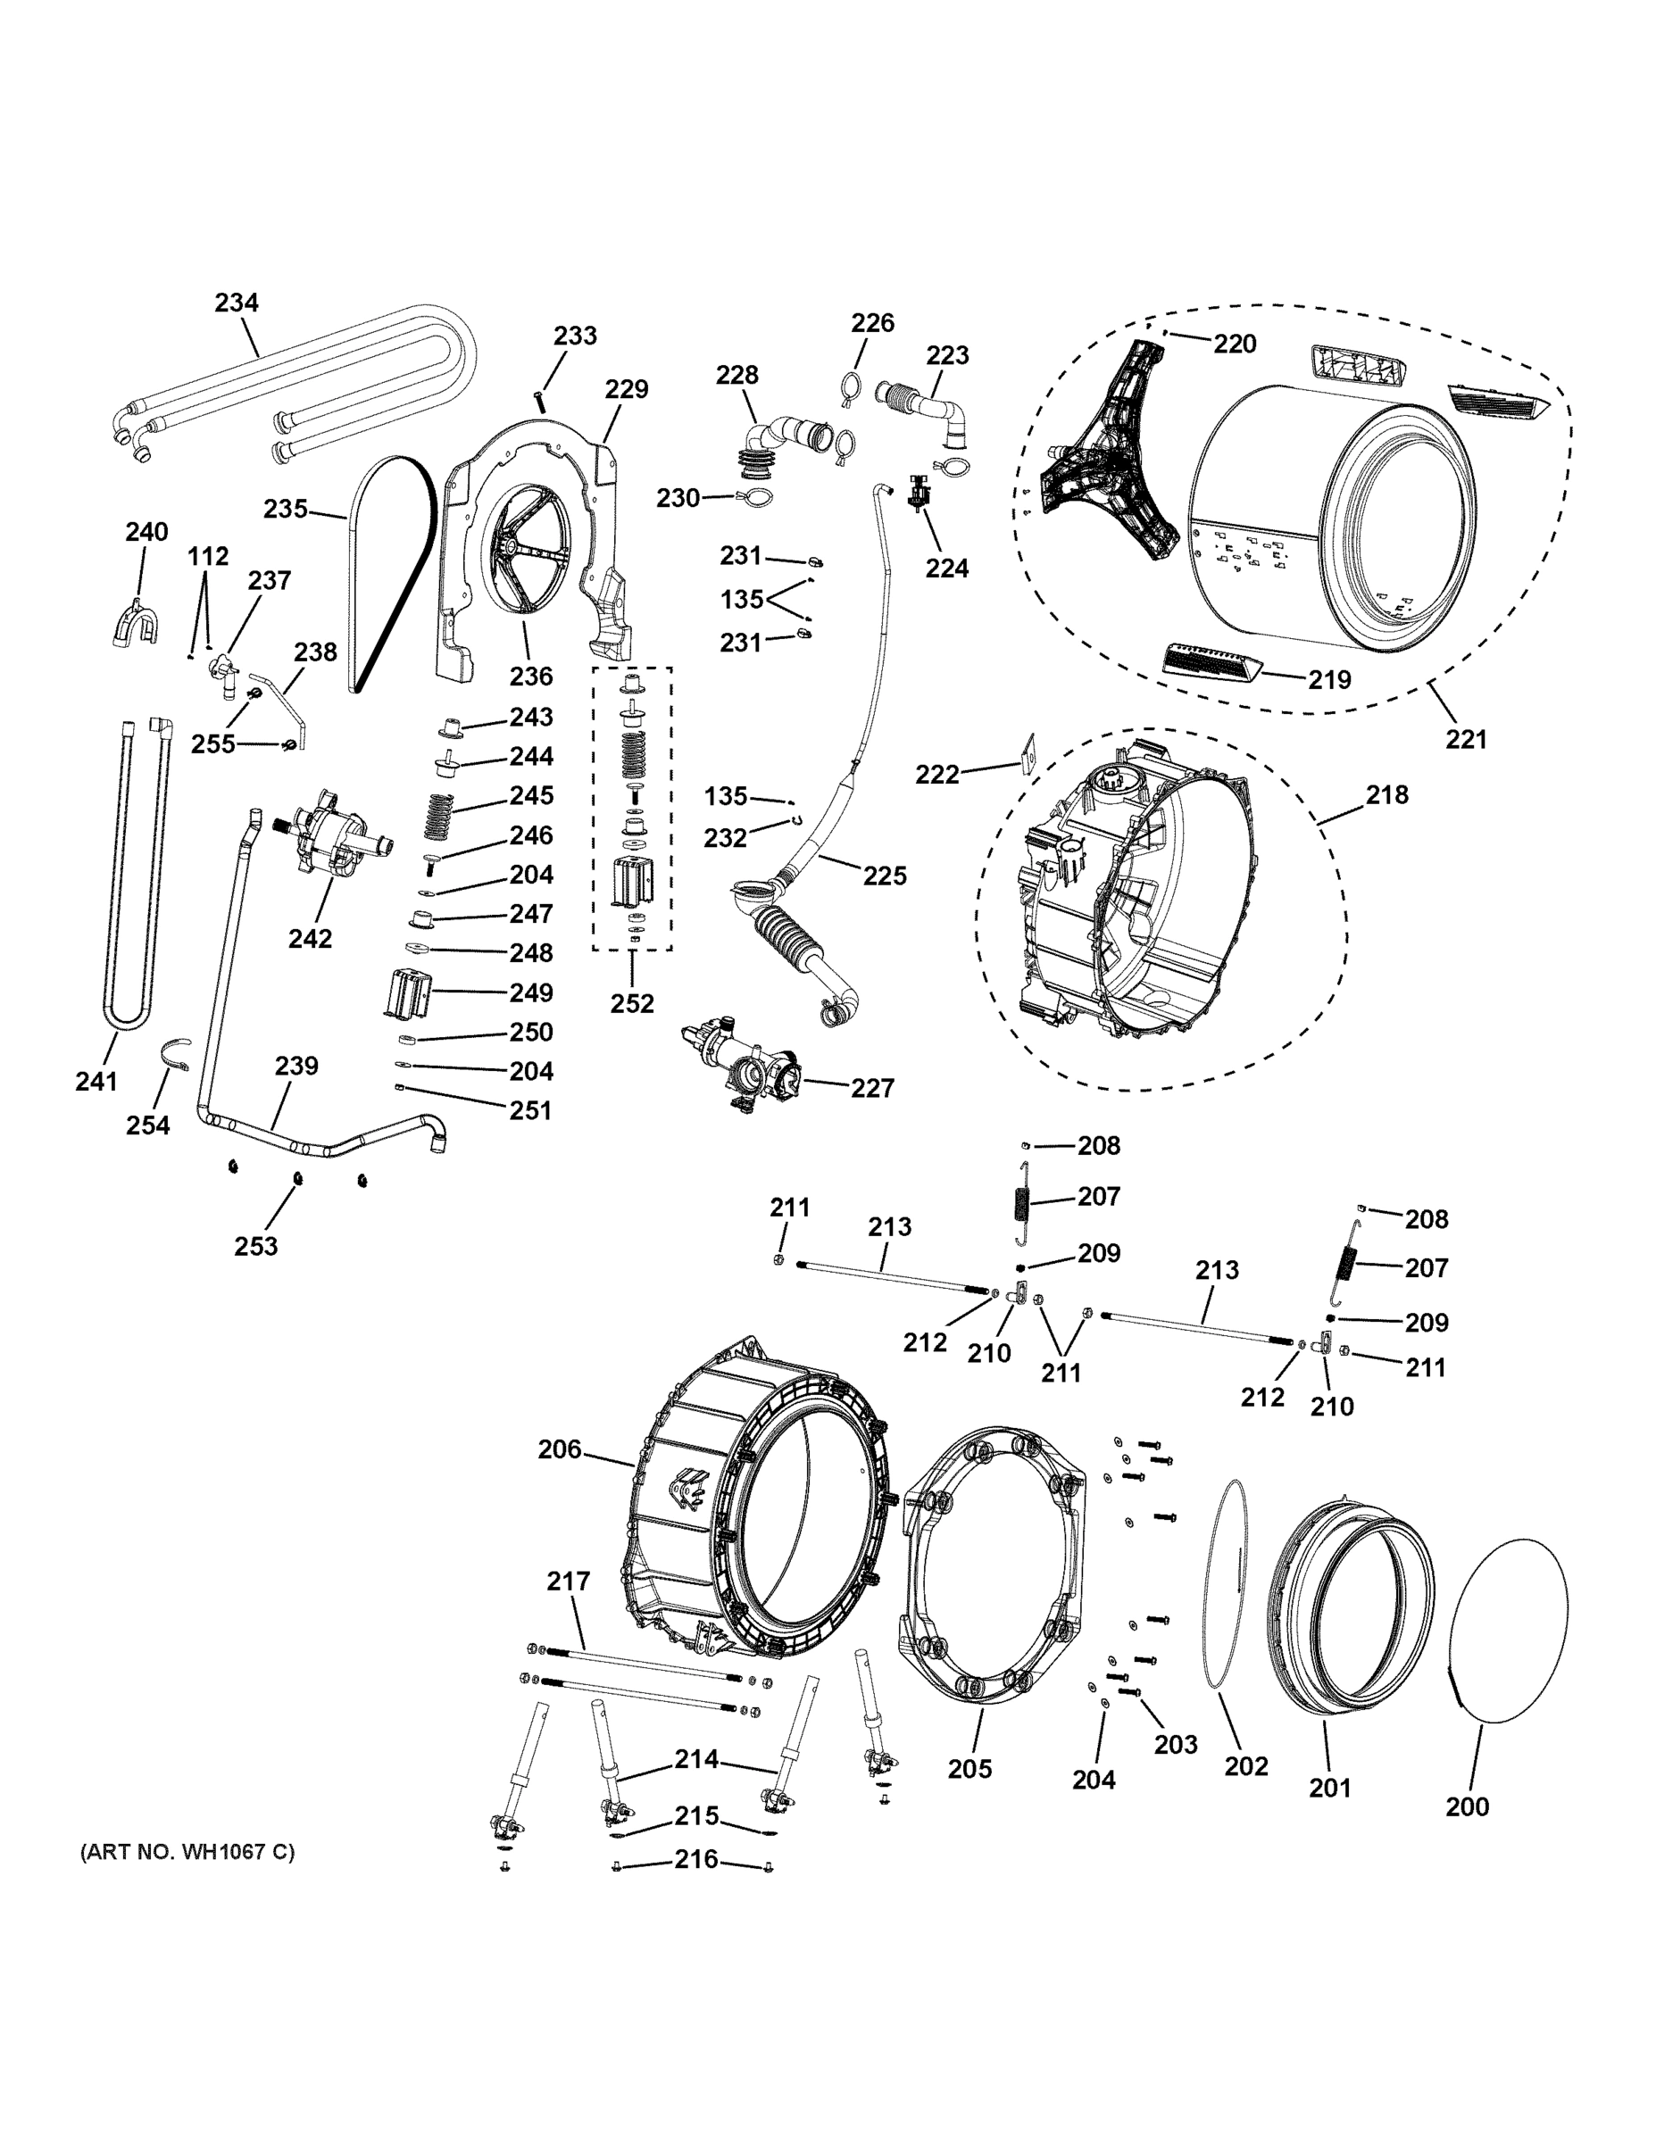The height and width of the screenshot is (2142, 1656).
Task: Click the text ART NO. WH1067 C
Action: click(187, 1852)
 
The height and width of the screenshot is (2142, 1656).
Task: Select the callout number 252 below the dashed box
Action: click(632, 1003)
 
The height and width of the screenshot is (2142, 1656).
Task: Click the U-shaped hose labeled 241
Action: click(127, 883)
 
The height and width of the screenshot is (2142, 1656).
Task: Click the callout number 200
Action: click(1467, 1806)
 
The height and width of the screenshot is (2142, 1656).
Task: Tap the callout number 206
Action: click(559, 1449)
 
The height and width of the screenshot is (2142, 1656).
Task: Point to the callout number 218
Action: click(1386, 794)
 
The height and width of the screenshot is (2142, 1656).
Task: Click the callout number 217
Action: click(568, 1580)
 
